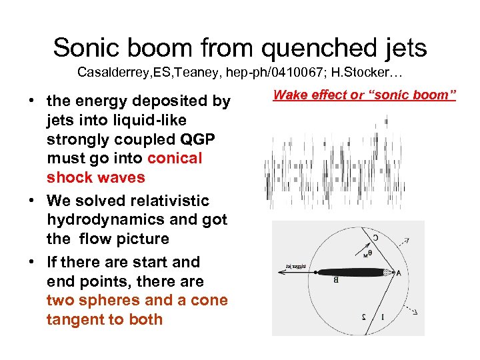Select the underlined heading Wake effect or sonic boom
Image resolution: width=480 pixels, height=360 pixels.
tap(364, 95)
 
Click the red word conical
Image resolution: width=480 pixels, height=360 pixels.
tap(174, 158)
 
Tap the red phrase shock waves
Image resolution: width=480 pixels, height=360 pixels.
tap(95, 177)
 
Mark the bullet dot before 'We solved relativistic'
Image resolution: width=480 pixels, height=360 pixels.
tap(31, 201)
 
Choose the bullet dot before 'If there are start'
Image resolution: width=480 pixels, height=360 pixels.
tap(31, 262)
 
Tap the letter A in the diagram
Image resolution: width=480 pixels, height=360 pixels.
tap(399, 272)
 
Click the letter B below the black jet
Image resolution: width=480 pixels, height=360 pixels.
tap(335, 281)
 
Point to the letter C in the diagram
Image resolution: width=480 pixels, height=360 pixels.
tap(375, 237)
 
